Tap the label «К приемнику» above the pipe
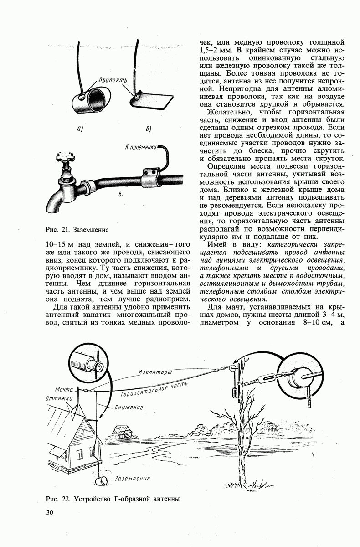pyautogui.click(x=140, y=147)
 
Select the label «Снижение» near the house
pyautogui.click(x=129, y=407)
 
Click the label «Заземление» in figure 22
pyautogui.click(x=133, y=479)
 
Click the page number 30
pyautogui.click(x=50, y=513)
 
